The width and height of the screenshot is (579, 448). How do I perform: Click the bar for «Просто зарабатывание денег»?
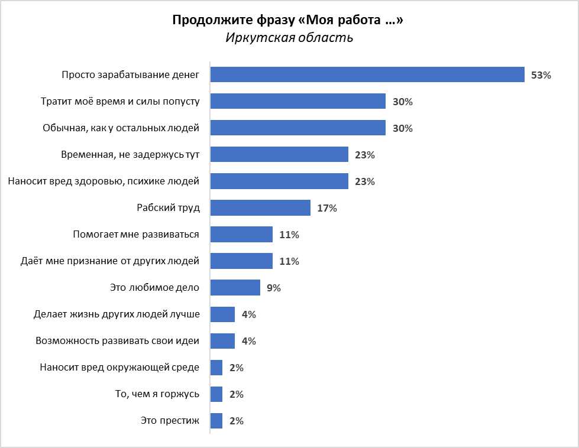tap(367, 74)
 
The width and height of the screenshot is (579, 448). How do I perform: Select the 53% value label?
tap(541, 75)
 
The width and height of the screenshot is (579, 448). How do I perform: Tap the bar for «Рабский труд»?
tap(260, 207)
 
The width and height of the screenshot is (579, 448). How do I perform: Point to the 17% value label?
tap(326, 208)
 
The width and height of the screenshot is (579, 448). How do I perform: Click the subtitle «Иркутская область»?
tap(289, 38)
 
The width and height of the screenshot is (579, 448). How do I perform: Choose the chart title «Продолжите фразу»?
tap(289, 20)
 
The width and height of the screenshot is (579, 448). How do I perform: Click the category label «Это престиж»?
tap(170, 421)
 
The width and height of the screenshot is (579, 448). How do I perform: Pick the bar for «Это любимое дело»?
tap(235, 287)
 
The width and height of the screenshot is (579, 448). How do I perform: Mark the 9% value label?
tap(273, 288)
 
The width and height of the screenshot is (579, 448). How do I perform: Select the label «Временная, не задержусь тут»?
tap(130, 155)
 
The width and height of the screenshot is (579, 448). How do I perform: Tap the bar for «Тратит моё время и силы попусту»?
tap(298, 101)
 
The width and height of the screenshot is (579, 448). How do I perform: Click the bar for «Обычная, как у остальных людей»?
tap(298, 128)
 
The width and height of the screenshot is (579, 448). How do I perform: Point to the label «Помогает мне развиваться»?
tap(136, 235)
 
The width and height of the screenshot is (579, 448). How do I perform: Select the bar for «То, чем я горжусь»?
tap(216, 394)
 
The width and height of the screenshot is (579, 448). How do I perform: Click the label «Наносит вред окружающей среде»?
tap(119, 368)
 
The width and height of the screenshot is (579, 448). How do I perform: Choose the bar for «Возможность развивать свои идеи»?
tap(222, 340)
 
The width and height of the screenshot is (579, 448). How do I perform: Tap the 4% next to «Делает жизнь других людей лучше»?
tap(248, 314)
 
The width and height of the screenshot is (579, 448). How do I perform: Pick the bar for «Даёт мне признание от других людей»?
tap(241, 261)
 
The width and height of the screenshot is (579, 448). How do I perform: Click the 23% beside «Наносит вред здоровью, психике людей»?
tap(364, 181)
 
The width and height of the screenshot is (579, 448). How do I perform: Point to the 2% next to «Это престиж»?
tap(236, 421)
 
